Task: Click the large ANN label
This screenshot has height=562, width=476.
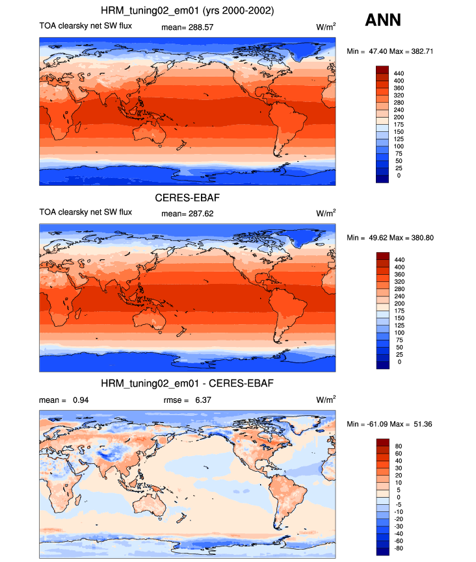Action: [383, 20]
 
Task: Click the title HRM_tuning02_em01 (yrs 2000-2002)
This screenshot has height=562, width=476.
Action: [187, 11]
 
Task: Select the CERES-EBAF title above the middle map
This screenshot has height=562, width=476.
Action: [187, 198]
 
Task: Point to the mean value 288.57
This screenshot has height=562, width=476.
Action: [201, 27]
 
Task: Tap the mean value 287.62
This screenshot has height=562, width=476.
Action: [201, 214]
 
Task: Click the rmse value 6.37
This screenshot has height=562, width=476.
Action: [203, 400]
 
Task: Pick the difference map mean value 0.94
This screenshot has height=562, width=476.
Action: [81, 400]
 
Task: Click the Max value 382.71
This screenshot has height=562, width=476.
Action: [422, 51]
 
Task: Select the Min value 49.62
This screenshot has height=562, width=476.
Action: [378, 238]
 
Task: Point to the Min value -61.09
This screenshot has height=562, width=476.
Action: [377, 424]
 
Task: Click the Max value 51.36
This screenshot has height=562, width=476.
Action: [423, 424]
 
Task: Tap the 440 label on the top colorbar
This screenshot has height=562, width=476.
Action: [399, 73]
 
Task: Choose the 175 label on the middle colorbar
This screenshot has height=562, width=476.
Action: [399, 311]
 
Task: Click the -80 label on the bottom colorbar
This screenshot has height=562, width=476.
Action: [399, 548]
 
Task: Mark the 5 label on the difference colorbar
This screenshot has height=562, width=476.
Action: [399, 490]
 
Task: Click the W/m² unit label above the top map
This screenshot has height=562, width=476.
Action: [326, 27]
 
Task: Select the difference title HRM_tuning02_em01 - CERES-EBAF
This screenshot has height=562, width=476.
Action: [187, 383]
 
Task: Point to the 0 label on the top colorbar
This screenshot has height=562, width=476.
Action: [399, 175]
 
